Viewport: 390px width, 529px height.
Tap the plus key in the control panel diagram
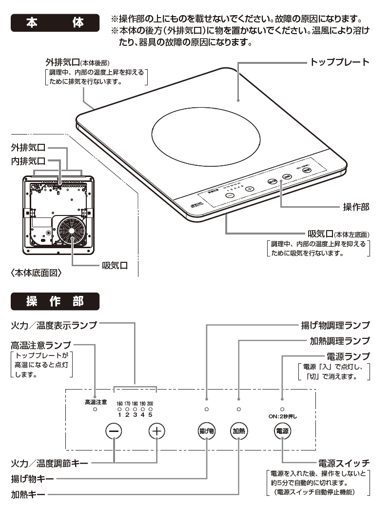156,431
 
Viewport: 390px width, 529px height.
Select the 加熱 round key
239,431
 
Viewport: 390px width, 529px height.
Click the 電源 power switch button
282,431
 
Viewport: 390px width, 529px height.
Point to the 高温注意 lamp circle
95,410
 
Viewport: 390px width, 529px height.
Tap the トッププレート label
340,62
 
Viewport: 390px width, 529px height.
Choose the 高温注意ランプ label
40,345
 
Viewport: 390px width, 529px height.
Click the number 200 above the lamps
150,404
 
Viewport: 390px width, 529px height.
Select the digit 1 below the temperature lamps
119,415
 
